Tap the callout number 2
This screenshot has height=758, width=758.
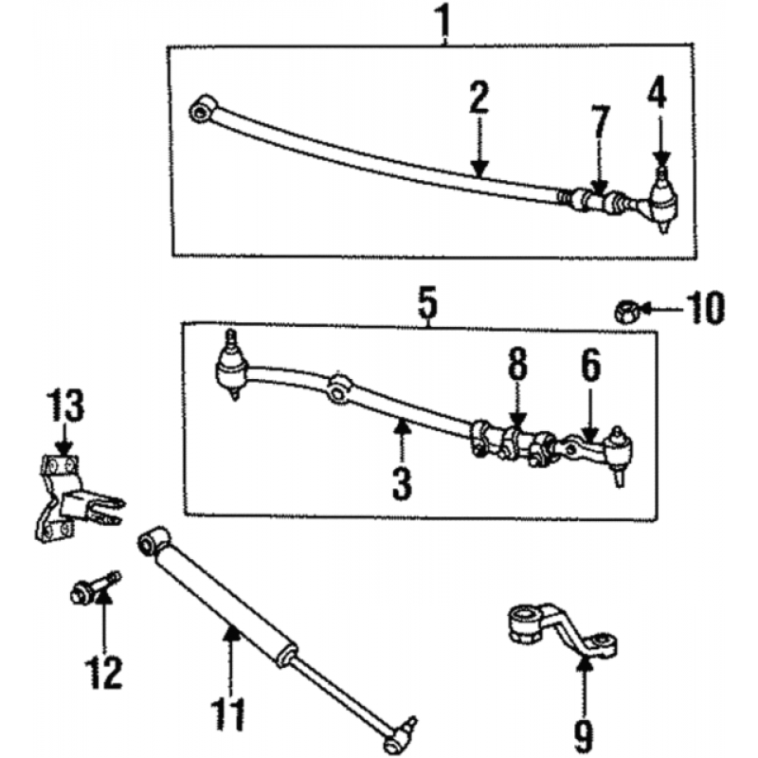[478, 99]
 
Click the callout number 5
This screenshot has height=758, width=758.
[428, 302]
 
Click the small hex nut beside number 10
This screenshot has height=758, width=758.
[627, 312]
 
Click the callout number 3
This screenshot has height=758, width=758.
[402, 483]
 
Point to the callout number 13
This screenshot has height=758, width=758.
[65, 406]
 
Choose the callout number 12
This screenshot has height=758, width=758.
[103, 673]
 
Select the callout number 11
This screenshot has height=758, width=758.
[228, 713]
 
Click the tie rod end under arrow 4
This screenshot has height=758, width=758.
[662, 201]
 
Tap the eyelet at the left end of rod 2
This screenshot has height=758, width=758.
[203, 110]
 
